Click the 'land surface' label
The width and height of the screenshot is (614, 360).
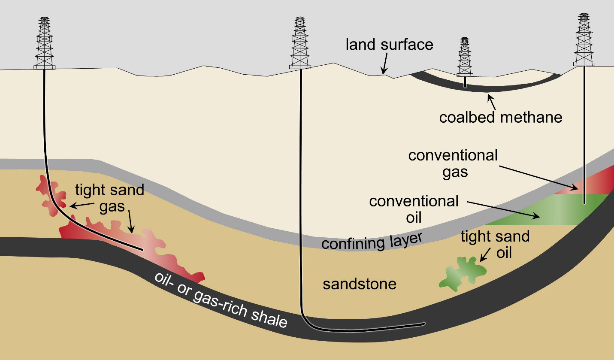[389, 45]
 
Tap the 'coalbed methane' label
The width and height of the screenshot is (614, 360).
[500, 117]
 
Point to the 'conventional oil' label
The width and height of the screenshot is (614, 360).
[414, 209]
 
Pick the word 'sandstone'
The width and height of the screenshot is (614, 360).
[360, 284]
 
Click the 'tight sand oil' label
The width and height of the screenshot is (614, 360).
[495, 244]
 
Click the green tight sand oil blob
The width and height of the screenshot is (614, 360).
[463, 272]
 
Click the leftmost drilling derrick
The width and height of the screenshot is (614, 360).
[45, 43]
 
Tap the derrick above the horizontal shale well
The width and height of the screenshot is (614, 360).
[300, 43]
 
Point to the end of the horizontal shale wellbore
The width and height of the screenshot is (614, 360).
[424, 323]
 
